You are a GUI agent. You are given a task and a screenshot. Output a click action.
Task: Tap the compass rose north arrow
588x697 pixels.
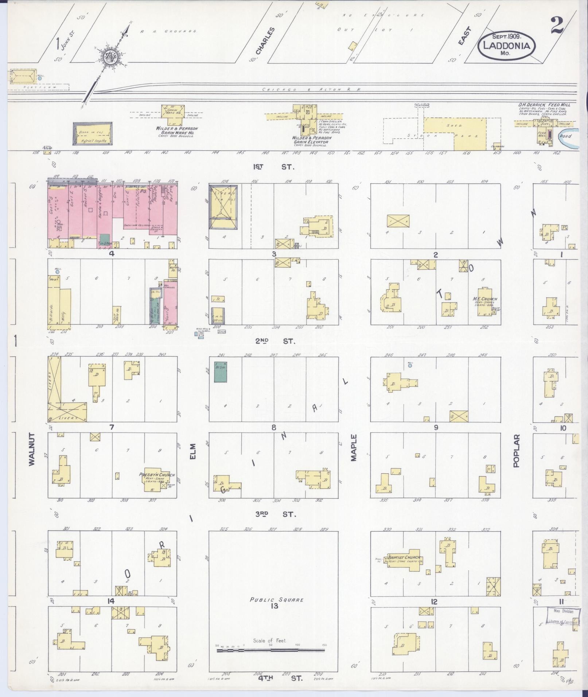point(109,56)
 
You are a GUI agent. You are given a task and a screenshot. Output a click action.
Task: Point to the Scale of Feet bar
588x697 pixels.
point(271,650)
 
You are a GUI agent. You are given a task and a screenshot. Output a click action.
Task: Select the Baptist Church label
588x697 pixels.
point(404,557)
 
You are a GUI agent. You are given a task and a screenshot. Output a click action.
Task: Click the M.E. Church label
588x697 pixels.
point(485,299)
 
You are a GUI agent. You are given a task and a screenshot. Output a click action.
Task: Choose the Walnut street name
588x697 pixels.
point(32,449)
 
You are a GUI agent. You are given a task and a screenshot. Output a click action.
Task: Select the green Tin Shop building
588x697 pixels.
point(105,238)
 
